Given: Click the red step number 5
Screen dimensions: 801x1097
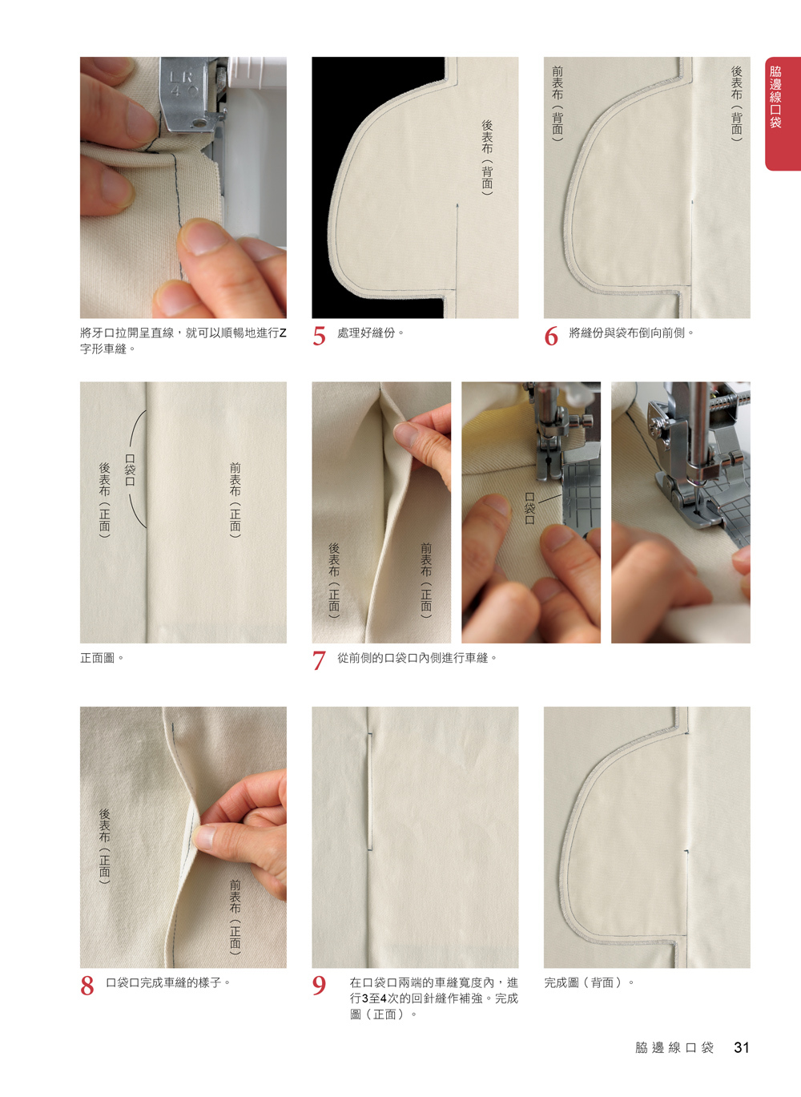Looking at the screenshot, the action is pos(320,337).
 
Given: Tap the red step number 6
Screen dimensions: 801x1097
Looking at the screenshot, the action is pos(551,337).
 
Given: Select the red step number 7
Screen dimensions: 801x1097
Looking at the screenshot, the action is pos(320,660).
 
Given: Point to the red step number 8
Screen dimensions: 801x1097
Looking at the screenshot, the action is pos(87,986).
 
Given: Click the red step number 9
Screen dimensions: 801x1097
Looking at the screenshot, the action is pos(320,986).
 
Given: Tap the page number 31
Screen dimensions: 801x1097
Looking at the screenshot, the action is pos(741,1047).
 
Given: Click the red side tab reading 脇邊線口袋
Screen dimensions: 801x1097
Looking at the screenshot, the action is pos(783,114).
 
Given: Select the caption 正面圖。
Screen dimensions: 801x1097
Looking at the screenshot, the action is pos(102,658).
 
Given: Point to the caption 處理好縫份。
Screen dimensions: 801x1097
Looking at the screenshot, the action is pos(371,333).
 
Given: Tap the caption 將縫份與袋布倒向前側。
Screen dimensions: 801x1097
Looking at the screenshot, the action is pos(632,333).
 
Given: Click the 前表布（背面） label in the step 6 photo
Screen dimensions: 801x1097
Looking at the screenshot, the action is pos(557,104).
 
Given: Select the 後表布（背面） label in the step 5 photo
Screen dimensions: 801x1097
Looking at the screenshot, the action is pos(487,158).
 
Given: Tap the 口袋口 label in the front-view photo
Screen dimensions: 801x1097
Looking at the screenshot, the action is pos(130,470).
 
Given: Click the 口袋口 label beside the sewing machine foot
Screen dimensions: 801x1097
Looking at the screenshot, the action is pos(529,508).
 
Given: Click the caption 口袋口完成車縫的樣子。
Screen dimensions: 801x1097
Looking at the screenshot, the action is pos(168,983).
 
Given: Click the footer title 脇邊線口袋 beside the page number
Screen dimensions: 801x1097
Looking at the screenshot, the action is pos(674,1048).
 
